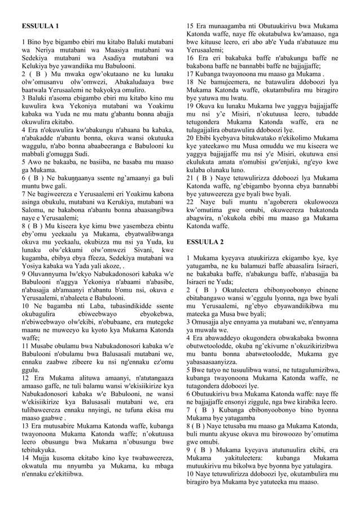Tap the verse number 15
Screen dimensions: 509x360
click(x=190, y=26)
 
